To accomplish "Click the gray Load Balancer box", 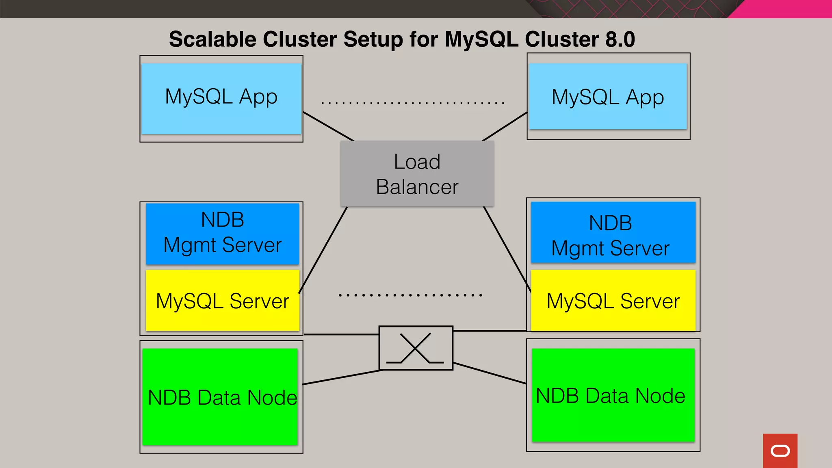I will pos(417,174).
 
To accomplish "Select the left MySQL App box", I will pos(221,98).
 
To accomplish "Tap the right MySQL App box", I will pos(608,97).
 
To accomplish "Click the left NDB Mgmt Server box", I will pos(223,234).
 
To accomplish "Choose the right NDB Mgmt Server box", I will pos(613,232).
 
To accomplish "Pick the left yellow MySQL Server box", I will pos(223,301).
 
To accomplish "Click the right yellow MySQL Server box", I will pos(613,301).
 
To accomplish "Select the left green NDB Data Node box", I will pos(220,397).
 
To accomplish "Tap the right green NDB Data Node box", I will pos(613,395).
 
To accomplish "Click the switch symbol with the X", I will pos(416,348).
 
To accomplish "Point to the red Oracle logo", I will pos(780,451).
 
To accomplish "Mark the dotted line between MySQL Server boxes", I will pos(410,295).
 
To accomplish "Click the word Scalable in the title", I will pos(212,39).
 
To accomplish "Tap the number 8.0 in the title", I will pos(620,39).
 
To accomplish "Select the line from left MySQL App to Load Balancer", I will pos(328,126).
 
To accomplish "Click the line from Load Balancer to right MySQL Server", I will pos(507,249).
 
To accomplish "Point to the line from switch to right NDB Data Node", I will pos(490,373).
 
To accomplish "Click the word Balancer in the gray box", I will pos(417,187).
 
